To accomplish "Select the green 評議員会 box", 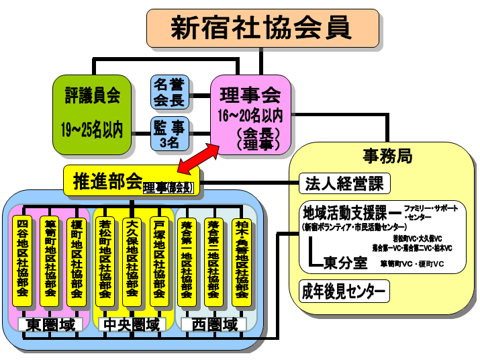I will [x=92, y=114].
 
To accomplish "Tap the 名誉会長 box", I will [x=169, y=92].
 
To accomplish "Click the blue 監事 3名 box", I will [x=169, y=133].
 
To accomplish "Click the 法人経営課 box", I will [x=344, y=183].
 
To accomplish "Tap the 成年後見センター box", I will [x=344, y=292].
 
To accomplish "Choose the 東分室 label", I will [x=346, y=262].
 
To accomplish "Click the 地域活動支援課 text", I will [x=344, y=214].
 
